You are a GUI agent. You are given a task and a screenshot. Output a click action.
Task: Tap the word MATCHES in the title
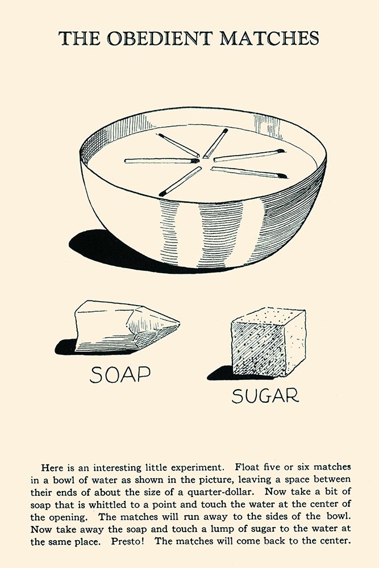coord(269,38)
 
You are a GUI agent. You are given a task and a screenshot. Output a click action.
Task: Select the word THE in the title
coord(79,38)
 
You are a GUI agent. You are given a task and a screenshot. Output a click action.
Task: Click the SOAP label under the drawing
coord(120,374)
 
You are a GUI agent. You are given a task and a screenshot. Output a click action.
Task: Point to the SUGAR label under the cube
coord(265,395)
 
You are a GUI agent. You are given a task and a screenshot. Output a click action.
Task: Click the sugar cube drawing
coord(269,342)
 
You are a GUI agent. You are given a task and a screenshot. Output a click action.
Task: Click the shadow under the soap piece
coord(67,347)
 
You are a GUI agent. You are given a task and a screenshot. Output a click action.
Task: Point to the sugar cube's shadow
coord(220,374)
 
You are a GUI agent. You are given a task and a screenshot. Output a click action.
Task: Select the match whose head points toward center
coord(161,161)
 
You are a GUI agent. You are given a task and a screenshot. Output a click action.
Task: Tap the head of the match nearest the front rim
coord(163,194)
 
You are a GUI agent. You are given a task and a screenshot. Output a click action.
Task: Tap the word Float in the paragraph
coord(247,467)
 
